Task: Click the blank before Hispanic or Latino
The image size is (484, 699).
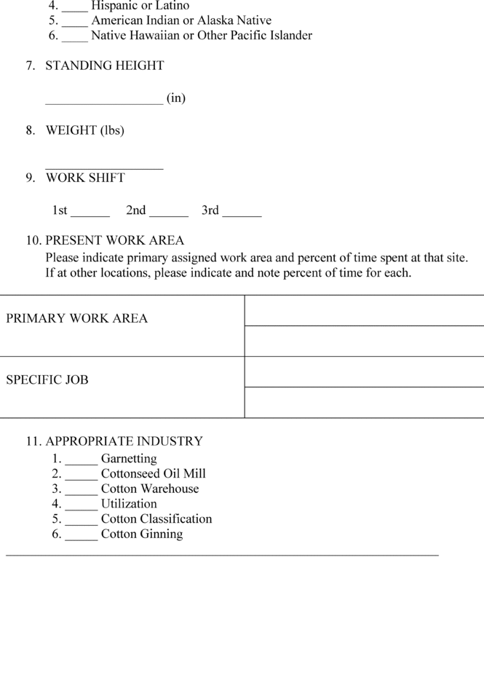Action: click(75, 7)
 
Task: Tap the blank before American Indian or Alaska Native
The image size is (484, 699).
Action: click(75, 22)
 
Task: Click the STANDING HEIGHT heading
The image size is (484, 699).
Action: click(105, 66)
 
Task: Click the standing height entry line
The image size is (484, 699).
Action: click(104, 100)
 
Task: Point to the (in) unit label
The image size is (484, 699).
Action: click(176, 98)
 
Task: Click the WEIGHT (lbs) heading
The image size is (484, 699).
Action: click(84, 130)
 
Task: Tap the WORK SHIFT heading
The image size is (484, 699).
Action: click(85, 178)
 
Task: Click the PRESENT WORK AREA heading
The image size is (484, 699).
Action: click(115, 240)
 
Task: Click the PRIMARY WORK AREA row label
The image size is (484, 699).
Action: click(76, 318)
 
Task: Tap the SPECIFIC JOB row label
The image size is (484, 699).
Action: click(47, 379)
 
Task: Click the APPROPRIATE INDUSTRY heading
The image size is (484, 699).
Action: click(124, 441)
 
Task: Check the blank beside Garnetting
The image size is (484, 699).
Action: click(81, 460)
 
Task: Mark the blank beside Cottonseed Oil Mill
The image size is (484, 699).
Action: click(81, 475)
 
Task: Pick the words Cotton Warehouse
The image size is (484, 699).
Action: click(150, 489)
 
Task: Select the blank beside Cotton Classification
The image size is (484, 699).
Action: click(81, 521)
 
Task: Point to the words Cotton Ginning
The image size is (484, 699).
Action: click(142, 534)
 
